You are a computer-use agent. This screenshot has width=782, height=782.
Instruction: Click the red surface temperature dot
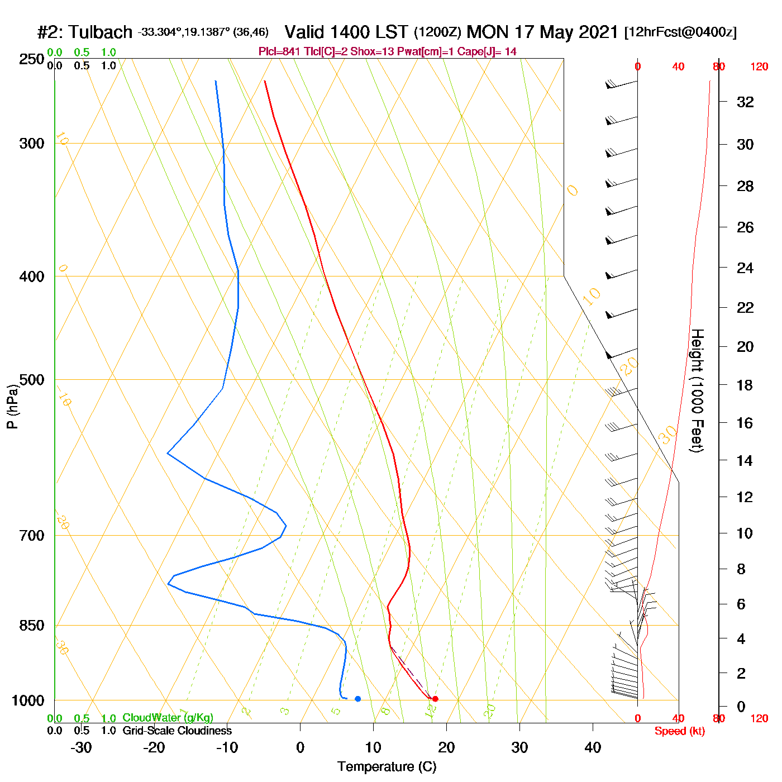[x=435, y=699]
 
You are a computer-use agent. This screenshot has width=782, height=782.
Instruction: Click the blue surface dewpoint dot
[x=358, y=699]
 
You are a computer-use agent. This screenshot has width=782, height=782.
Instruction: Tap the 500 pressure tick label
[x=32, y=380]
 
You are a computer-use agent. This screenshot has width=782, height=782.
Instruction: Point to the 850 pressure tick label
[x=32, y=626]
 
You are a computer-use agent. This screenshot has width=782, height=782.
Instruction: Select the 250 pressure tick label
[x=32, y=59]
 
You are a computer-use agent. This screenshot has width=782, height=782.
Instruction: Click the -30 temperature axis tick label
[x=81, y=747]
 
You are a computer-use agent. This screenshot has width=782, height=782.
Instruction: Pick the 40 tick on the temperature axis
[x=593, y=747]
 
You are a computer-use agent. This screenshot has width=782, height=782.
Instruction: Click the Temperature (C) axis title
[x=387, y=767]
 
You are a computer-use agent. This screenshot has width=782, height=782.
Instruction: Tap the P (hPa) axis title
[x=12, y=407]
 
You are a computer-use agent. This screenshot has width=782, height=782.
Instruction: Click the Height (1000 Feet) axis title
[x=697, y=390]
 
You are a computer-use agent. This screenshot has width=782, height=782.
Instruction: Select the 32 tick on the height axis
[x=745, y=102]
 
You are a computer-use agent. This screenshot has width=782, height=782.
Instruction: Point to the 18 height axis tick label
[x=745, y=385]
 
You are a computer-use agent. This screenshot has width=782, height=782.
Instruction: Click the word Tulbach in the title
[x=101, y=32]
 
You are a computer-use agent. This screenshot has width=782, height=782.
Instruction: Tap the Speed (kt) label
[x=679, y=731]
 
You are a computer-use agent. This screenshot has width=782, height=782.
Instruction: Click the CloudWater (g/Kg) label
[x=168, y=718]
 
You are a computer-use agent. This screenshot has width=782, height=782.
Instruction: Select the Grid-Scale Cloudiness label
[x=177, y=731]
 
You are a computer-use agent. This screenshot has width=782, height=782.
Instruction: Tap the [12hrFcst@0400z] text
[x=680, y=32]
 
